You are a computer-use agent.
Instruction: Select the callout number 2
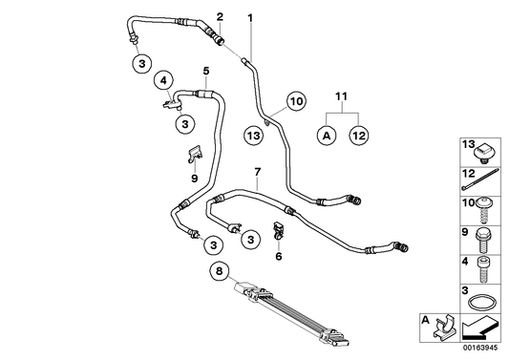(220, 17)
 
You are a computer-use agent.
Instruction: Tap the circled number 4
(164, 82)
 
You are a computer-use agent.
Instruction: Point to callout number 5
(205, 71)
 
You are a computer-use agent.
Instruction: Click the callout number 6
(279, 256)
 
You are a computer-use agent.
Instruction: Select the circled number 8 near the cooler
(219, 272)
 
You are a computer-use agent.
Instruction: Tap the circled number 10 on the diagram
(295, 100)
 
